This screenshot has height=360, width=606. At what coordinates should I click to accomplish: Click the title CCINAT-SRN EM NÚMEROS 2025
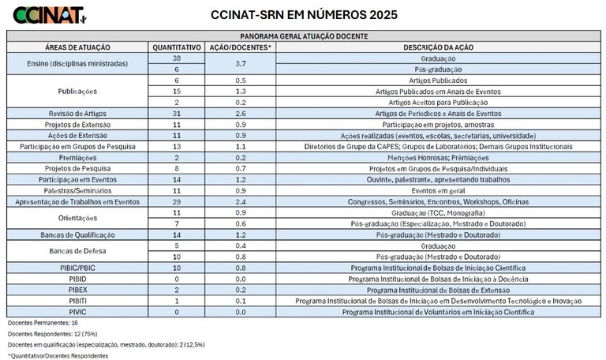tap(305, 14)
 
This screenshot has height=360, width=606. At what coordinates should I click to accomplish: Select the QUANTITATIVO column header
tap(176, 47)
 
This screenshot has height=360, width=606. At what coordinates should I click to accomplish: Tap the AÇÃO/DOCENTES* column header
tap(239, 47)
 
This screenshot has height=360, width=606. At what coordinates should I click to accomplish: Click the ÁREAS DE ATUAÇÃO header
tap(77, 47)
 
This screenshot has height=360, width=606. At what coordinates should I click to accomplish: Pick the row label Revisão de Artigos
tap(77, 114)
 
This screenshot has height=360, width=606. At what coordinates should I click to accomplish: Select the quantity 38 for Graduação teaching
tap(176, 58)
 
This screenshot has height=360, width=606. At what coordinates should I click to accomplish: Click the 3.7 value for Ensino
tap(239, 64)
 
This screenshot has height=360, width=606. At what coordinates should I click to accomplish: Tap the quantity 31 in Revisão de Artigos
tap(176, 114)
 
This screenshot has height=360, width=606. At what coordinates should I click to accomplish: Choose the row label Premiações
tap(77, 158)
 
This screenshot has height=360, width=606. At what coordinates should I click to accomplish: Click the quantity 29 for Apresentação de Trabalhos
tap(176, 202)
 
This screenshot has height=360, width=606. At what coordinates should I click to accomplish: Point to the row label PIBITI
tap(77, 301)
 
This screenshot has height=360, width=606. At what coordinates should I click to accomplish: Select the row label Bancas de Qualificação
tap(77, 235)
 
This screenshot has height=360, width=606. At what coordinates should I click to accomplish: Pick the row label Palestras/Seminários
tap(77, 191)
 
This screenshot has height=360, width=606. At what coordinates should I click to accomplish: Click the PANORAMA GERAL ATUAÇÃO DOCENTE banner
tap(303, 36)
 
